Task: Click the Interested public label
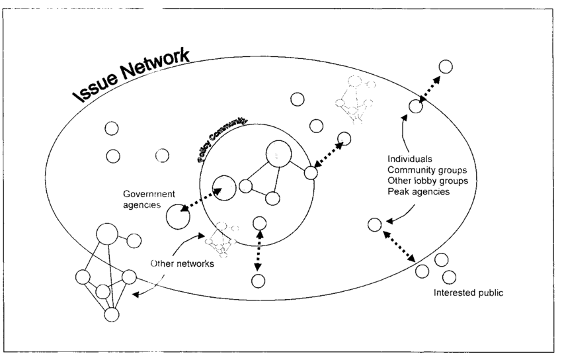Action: [x=473, y=292]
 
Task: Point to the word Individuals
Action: [x=410, y=159]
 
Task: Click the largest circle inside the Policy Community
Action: [x=278, y=155]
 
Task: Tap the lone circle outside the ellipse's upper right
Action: [x=446, y=66]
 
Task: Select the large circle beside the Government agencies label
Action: [x=177, y=217]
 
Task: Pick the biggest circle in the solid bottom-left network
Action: [x=108, y=234]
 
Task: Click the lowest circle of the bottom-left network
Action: [x=112, y=314]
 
